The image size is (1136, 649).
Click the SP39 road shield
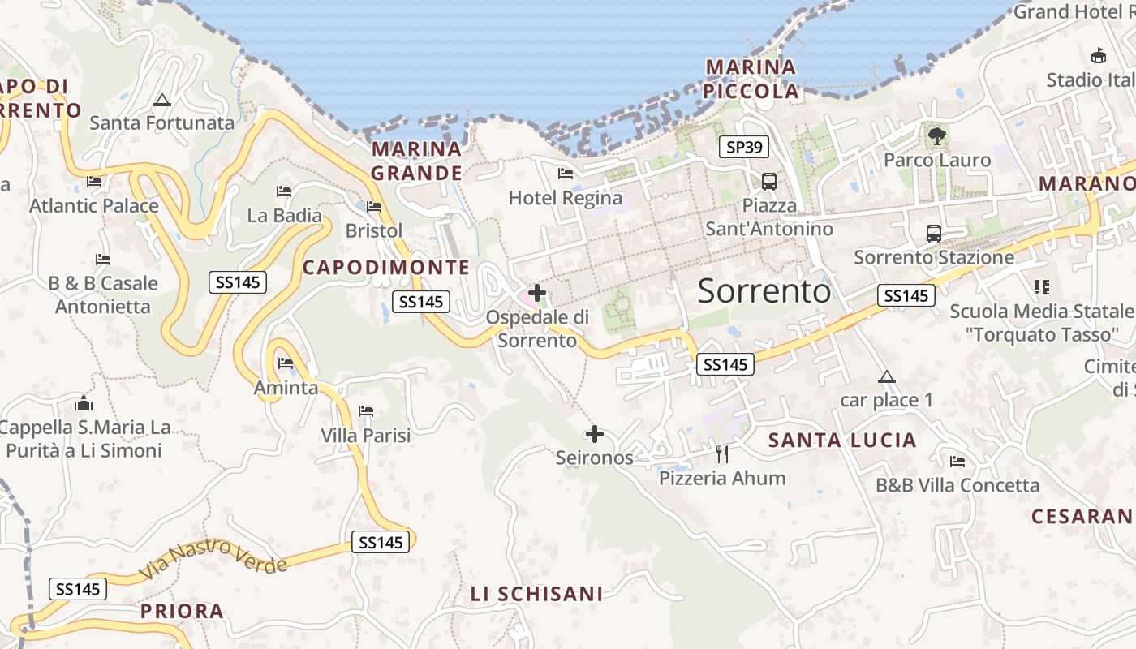pos(744,147)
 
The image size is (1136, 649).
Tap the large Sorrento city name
pos(764,290)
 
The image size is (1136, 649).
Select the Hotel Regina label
pos(566,198)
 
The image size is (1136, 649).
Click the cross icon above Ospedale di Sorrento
pos(537,293)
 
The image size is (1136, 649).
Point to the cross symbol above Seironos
pos(595,434)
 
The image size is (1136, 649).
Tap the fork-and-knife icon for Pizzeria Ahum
pos(722,453)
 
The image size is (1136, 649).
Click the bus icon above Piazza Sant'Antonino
pos(768,182)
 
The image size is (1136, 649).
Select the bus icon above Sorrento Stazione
pos(934,234)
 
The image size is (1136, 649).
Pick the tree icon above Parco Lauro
pos(937,136)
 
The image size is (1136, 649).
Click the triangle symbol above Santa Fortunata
pos(162,101)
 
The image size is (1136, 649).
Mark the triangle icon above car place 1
pos(887,376)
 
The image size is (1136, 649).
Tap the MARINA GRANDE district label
pos(417,161)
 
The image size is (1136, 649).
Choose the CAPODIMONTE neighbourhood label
pos(386,267)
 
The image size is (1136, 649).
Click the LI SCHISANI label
pos(537,594)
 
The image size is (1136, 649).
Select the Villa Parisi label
pos(366,436)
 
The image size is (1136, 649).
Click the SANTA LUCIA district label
pos(842,441)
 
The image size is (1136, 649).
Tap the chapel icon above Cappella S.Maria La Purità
pos(84,403)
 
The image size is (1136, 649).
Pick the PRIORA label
pos(182,611)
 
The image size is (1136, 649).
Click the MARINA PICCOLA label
pos(751,79)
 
